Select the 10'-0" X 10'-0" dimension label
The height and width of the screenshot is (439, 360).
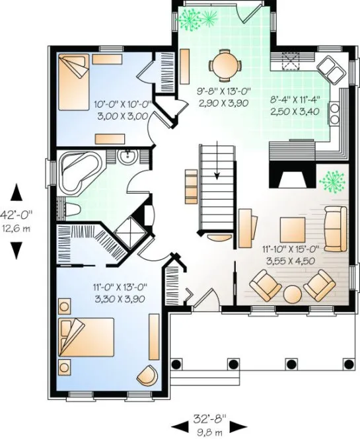coord(123,104)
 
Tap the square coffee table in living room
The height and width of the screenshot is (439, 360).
coord(291,229)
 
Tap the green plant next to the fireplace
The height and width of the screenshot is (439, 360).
coord(333,180)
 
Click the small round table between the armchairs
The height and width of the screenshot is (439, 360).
coord(291,292)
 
